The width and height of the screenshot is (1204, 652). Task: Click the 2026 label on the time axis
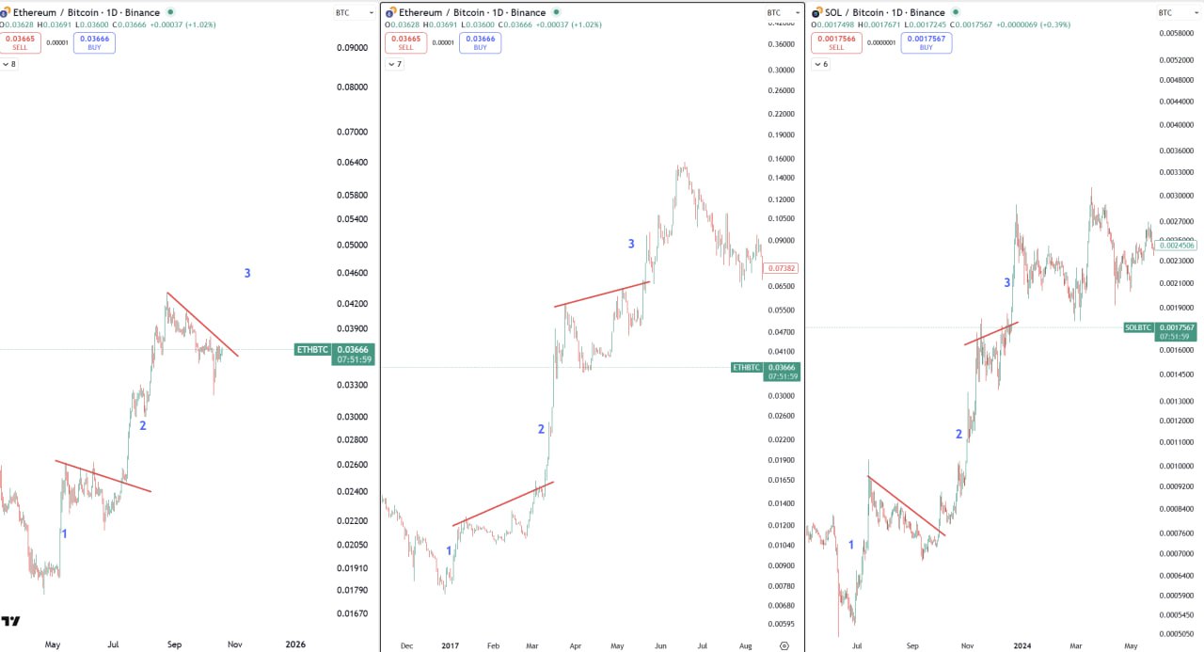coord(295,644)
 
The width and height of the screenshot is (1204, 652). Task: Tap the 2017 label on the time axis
coord(450,646)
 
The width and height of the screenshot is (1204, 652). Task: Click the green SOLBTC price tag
coord(1137,327)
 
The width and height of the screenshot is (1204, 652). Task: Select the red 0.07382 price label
coord(783,268)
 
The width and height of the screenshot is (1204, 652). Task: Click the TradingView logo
coord(11,621)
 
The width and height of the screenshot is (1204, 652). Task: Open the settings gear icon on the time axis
coord(784,646)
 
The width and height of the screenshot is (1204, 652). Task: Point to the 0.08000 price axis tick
coord(353,87)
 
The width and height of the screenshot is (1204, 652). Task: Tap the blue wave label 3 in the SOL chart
coord(1007,282)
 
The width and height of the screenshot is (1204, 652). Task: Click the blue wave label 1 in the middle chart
coord(449,551)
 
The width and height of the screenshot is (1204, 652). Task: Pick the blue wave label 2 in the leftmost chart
coord(143,425)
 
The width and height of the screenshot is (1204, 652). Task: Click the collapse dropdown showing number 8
coord(8,64)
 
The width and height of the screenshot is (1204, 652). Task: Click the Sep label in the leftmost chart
coord(174,644)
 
